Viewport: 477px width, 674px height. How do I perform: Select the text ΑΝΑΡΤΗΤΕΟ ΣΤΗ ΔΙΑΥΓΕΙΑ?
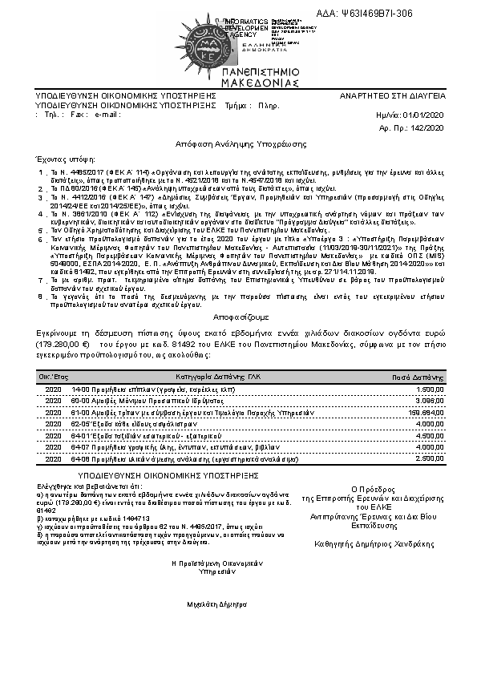pos(392,95)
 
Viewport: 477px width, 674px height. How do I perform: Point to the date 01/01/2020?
pos(422,115)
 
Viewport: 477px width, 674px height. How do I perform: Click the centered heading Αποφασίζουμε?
pos(238,316)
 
